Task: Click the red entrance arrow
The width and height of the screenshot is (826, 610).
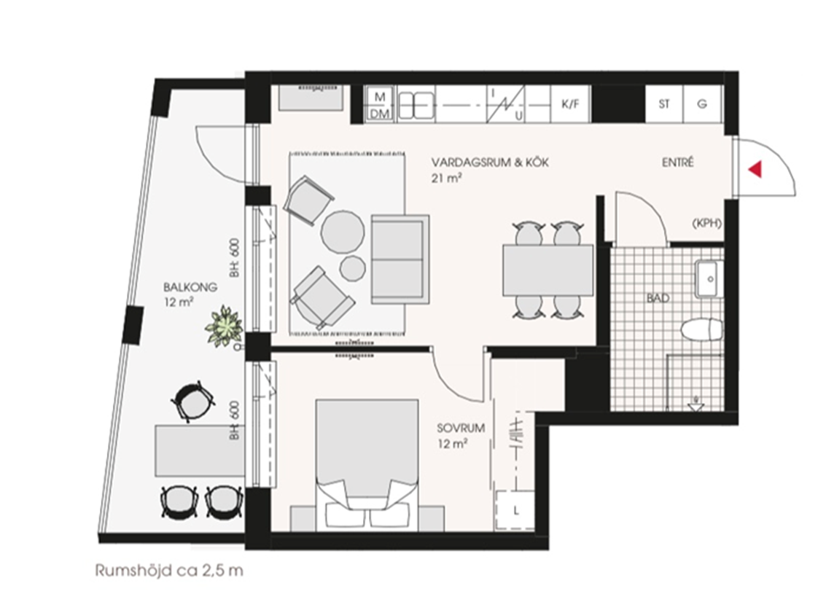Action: pos(756,169)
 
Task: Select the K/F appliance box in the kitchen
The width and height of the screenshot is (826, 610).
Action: pos(571,103)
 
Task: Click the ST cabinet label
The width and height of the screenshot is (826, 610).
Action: pos(663,103)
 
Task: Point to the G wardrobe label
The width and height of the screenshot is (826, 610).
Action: pos(701,104)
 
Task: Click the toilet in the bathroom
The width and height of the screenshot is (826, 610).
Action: pos(702,330)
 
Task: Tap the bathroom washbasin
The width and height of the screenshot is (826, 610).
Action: pos(709,278)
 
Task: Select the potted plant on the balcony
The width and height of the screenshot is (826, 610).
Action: pos(225,326)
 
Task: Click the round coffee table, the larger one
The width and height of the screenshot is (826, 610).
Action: pos(343,232)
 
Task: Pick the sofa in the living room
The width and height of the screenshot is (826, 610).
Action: pos(400,259)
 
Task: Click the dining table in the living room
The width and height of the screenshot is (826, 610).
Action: pos(548,270)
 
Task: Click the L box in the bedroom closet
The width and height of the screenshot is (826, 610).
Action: pos(515,510)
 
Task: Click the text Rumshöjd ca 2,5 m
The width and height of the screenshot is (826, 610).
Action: pos(169,571)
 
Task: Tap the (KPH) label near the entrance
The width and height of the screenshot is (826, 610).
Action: pos(706,223)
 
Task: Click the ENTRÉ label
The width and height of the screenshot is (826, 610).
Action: pos(678,163)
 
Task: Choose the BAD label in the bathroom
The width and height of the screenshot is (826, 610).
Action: pos(658,298)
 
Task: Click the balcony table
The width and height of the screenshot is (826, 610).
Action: pos(200,451)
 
